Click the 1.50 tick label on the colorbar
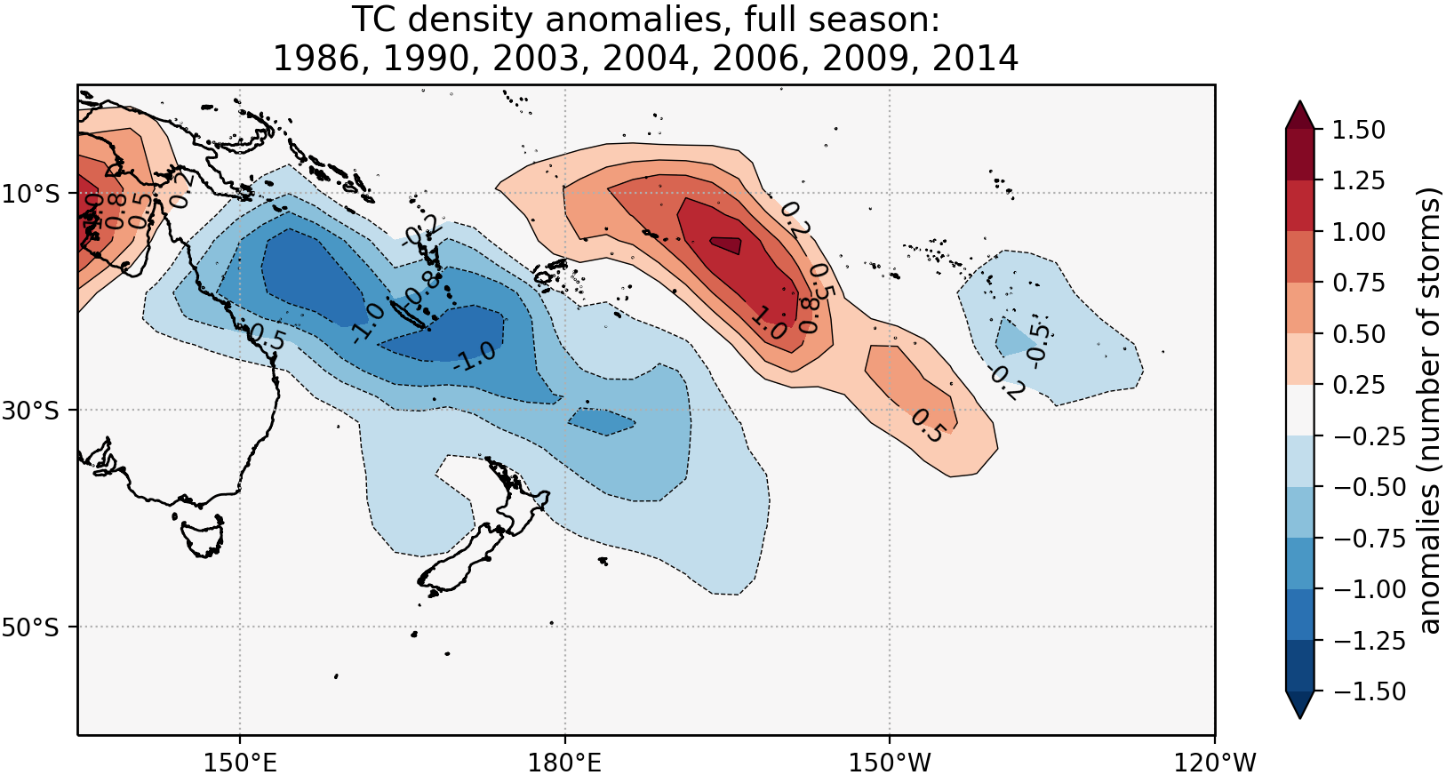1359,130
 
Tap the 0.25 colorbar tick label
1359,385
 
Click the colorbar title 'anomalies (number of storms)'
1428,410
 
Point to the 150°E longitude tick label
239,762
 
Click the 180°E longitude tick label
564,762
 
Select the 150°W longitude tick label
890,762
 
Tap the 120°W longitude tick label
1214,762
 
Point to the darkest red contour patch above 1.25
726,245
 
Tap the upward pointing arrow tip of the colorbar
1299,103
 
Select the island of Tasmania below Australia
203,537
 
